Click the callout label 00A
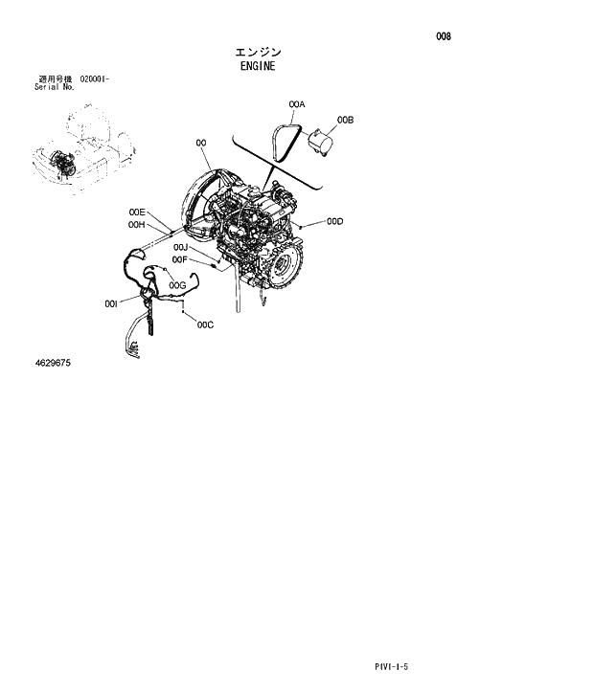(296, 103)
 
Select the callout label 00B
(346, 121)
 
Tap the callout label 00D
(334, 222)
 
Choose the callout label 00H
(136, 225)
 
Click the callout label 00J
(180, 248)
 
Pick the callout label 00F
(179, 259)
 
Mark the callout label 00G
(177, 285)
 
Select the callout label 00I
(111, 303)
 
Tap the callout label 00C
(205, 325)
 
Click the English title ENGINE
(259, 67)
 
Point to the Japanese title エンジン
(259, 52)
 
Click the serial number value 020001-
(95, 78)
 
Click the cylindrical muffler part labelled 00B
(320, 145)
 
